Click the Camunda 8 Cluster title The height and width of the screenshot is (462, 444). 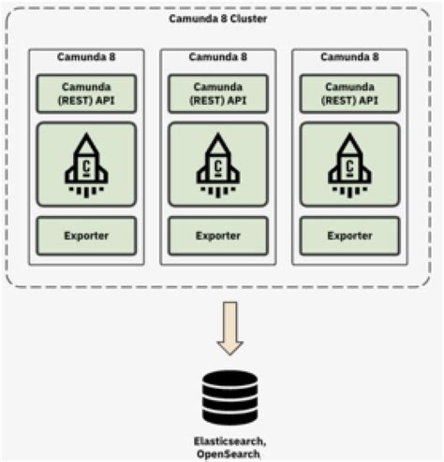coord(222,19)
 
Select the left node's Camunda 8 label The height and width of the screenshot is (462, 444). coord(86,56)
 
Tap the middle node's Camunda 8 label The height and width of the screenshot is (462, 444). coord(218,56)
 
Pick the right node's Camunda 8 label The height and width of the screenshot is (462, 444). coord(349,56)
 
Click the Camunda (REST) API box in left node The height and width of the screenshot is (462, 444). coord(86,93)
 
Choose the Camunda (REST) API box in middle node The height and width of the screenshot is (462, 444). coord(218,93)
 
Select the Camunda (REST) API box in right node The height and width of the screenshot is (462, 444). coord(349,93)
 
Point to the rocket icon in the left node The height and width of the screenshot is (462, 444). coord(86,164)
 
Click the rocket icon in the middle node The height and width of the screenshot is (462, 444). coord(218,164)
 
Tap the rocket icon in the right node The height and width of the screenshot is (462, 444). coord(349,164)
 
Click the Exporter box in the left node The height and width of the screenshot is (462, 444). coord(86,236)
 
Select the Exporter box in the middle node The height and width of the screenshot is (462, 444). coord(218,236)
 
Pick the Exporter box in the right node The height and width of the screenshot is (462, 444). coord(349,236)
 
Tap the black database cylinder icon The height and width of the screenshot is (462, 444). coord(229,396)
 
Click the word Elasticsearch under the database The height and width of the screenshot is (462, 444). coord(229,440)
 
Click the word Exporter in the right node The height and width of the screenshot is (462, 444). coord(349,236)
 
